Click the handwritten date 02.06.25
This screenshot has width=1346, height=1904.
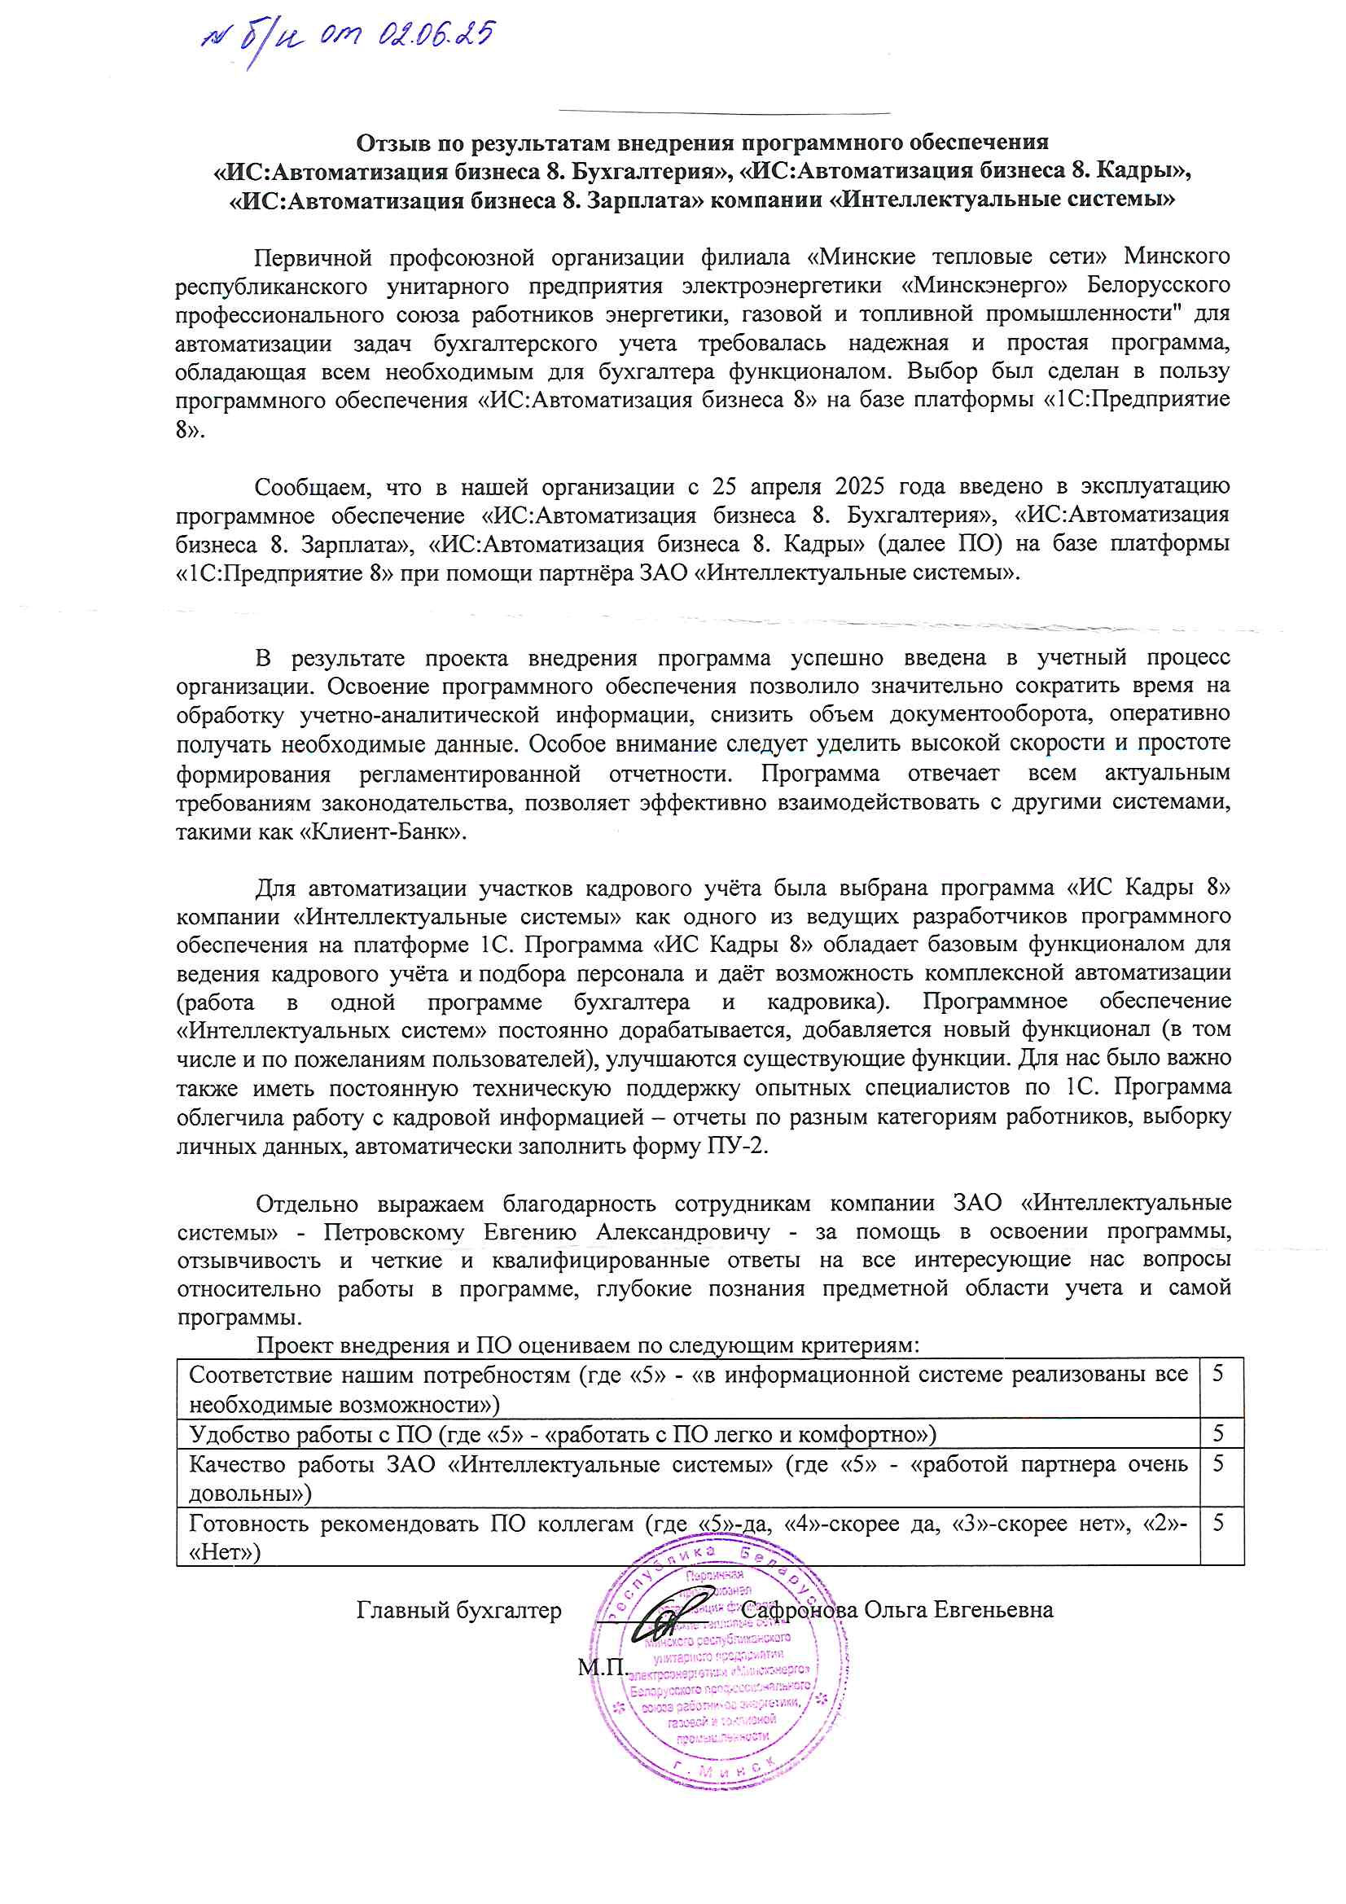coord(436,36)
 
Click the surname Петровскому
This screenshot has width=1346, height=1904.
coord(394,1232)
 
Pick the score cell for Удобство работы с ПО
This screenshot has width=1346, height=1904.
coord(1218,1433)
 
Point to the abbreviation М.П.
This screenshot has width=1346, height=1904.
coord(603,1666)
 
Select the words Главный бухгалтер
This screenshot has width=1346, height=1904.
coord(458,1610)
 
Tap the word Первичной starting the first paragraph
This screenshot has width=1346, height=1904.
coord(313,257)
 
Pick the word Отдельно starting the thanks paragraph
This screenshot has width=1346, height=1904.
coord(306,1204)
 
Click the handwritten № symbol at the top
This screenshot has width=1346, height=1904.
coord(215,38)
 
